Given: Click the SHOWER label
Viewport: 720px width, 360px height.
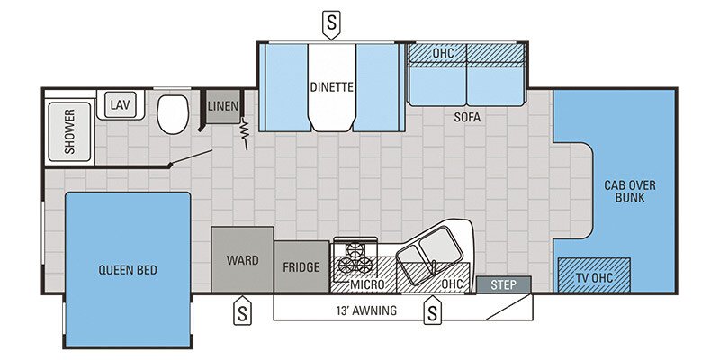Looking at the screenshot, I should [x=69, y=132].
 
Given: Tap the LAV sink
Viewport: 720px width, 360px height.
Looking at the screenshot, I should [x=120, y=104].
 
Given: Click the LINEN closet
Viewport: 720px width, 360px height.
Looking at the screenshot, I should [x=223, y=107].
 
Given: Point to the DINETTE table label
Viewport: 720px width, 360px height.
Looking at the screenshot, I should [x=332, y=87].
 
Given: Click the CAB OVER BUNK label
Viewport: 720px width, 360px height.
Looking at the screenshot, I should [x=630, y=191].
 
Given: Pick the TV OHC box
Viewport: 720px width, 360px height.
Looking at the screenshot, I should [x=593, y=274].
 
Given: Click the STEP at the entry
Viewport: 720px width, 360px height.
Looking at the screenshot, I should [x=503, y=285].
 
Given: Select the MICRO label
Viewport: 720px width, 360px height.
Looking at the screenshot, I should [x=367, y=284].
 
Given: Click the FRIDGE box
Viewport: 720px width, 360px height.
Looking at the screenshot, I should [x=301, y=267].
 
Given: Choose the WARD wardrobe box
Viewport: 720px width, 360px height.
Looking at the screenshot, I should [x=242, y=260].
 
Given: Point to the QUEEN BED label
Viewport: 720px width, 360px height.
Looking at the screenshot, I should [x=128, y=268].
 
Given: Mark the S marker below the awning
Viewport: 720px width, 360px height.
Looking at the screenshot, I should [x=433, y=313].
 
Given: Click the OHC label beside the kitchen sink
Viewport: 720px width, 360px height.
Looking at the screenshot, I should [x=452, y=284].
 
